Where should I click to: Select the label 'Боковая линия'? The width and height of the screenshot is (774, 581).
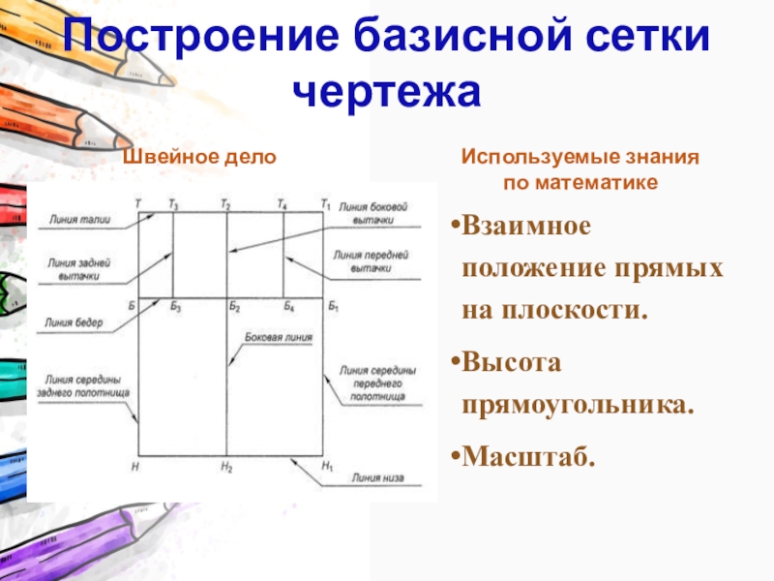pos(278,339)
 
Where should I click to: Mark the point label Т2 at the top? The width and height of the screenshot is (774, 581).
pos(225,204)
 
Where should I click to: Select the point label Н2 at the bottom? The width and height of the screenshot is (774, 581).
pos(226,468)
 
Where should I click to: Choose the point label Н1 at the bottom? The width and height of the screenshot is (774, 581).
pos(327,468)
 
